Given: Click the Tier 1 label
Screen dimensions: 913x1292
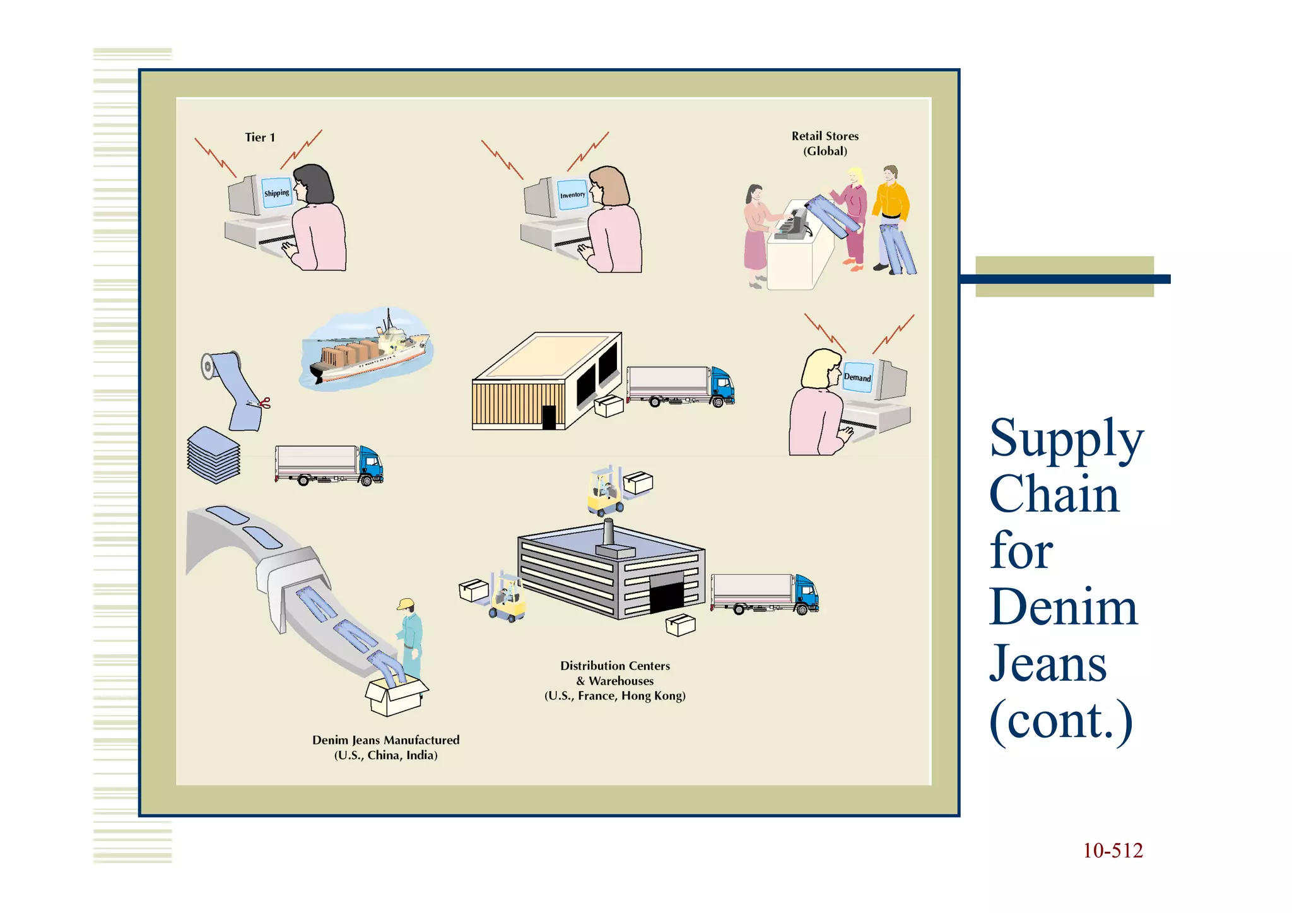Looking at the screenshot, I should point(260,138).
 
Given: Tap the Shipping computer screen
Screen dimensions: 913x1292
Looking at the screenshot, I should point(276,193).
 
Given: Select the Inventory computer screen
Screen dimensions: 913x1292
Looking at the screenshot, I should point(572,195).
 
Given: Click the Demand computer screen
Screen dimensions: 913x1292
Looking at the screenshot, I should point(857,377).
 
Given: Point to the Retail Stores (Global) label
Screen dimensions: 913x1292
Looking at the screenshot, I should point(825,143).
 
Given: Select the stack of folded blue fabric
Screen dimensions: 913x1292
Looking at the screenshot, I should point(214,456).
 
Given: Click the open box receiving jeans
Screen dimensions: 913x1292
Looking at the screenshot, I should point(396,696).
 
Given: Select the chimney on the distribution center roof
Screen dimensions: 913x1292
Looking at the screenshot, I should point(608,533).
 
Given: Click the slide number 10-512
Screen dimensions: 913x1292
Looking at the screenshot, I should point(1112,851).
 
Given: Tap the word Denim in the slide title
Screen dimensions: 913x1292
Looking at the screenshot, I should point(1063,607).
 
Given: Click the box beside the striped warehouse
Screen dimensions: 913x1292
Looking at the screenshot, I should point(609,406).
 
